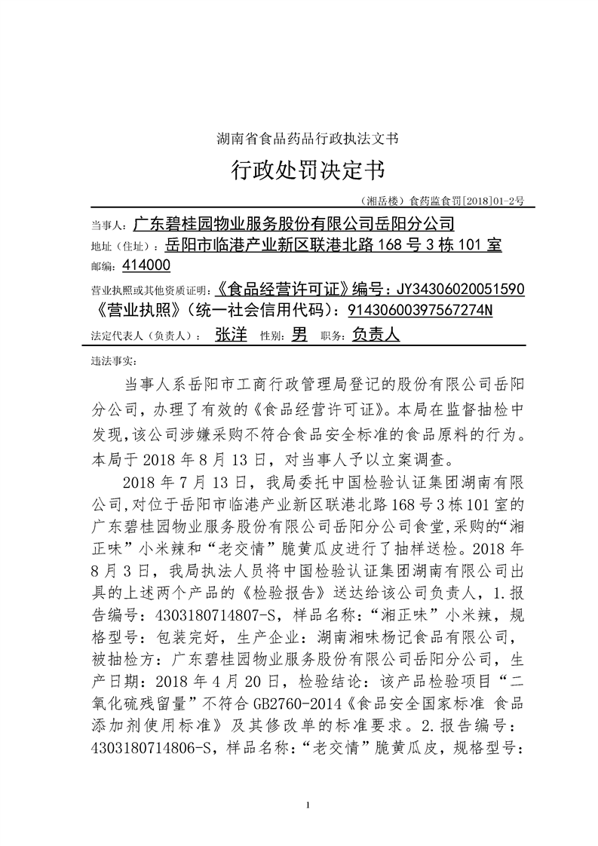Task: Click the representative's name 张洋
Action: [x=231, y=336]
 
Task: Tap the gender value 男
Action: [x=299, y=336]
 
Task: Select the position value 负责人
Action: [x=376, y=336]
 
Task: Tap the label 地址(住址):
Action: [x=124, y=246]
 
